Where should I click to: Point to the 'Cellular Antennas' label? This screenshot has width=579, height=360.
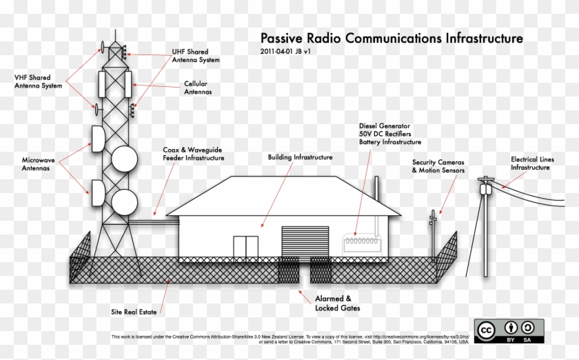point(197,88)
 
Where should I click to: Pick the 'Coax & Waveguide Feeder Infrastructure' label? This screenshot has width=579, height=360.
point(194,153)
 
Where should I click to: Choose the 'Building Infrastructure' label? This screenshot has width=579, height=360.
point(300,157)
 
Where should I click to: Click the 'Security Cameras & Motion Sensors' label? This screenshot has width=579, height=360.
point(438,166)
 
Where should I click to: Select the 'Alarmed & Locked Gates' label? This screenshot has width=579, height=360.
point(337,303)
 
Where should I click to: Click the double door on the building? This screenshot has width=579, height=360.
point(245,249)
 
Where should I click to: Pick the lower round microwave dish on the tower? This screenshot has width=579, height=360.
point(125,202)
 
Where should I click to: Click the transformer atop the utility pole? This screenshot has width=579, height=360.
point(486,187)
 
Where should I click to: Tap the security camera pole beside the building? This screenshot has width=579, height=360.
point(434,234)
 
